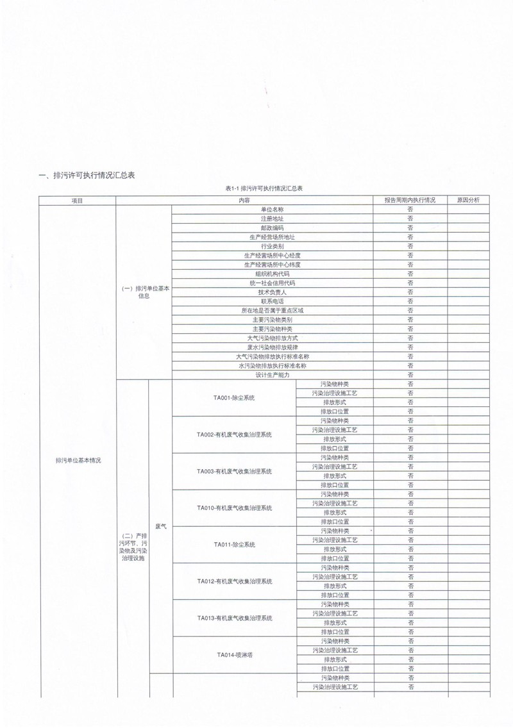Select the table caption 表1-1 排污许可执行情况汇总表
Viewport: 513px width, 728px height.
[x=264, y=189]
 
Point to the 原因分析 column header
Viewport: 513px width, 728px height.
[x=469, y=200]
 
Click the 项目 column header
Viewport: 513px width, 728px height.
[x=78, y=200]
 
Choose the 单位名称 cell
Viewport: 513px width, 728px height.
[x=273, y=210]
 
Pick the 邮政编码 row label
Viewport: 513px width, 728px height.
[x=273, y=227]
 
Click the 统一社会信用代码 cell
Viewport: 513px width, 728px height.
[x=273, y=283]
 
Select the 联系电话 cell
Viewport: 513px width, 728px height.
[x=273, y=301]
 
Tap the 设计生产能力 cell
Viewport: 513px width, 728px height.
[x=273, y=375]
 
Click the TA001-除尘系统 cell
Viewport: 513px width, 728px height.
[x=234, y=398]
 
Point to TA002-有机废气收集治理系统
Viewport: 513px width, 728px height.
[x=234, y=434]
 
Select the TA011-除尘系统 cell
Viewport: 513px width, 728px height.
[x=234, y=544]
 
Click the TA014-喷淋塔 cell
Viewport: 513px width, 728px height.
[x=234, y=654]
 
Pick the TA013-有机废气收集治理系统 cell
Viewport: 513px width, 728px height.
[x=234, y=618]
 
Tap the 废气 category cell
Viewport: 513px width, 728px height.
[x=161, y=526]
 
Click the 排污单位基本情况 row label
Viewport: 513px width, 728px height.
[x=78, y=460]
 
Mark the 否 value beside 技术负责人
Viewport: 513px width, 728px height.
[x=410, y=292]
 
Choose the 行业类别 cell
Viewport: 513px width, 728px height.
[x=273, y=246]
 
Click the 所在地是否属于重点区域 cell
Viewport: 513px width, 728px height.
[x=273, y=310]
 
